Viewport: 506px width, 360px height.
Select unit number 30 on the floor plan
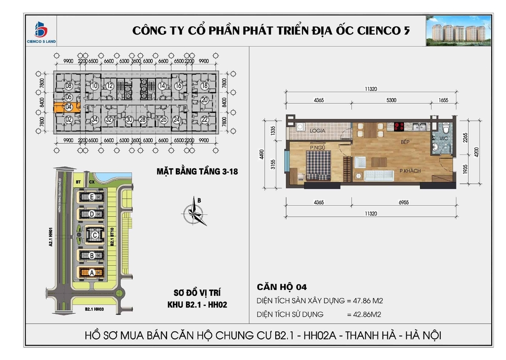(x=129, y=119)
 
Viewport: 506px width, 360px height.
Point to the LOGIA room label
(x=318, y=131)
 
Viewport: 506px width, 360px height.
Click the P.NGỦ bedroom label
(x=317, y=147)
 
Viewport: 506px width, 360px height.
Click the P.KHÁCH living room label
(x=410, y=171)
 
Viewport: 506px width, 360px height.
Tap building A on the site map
(x=91, y=273)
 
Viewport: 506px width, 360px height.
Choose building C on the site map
(x=94, y=235)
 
